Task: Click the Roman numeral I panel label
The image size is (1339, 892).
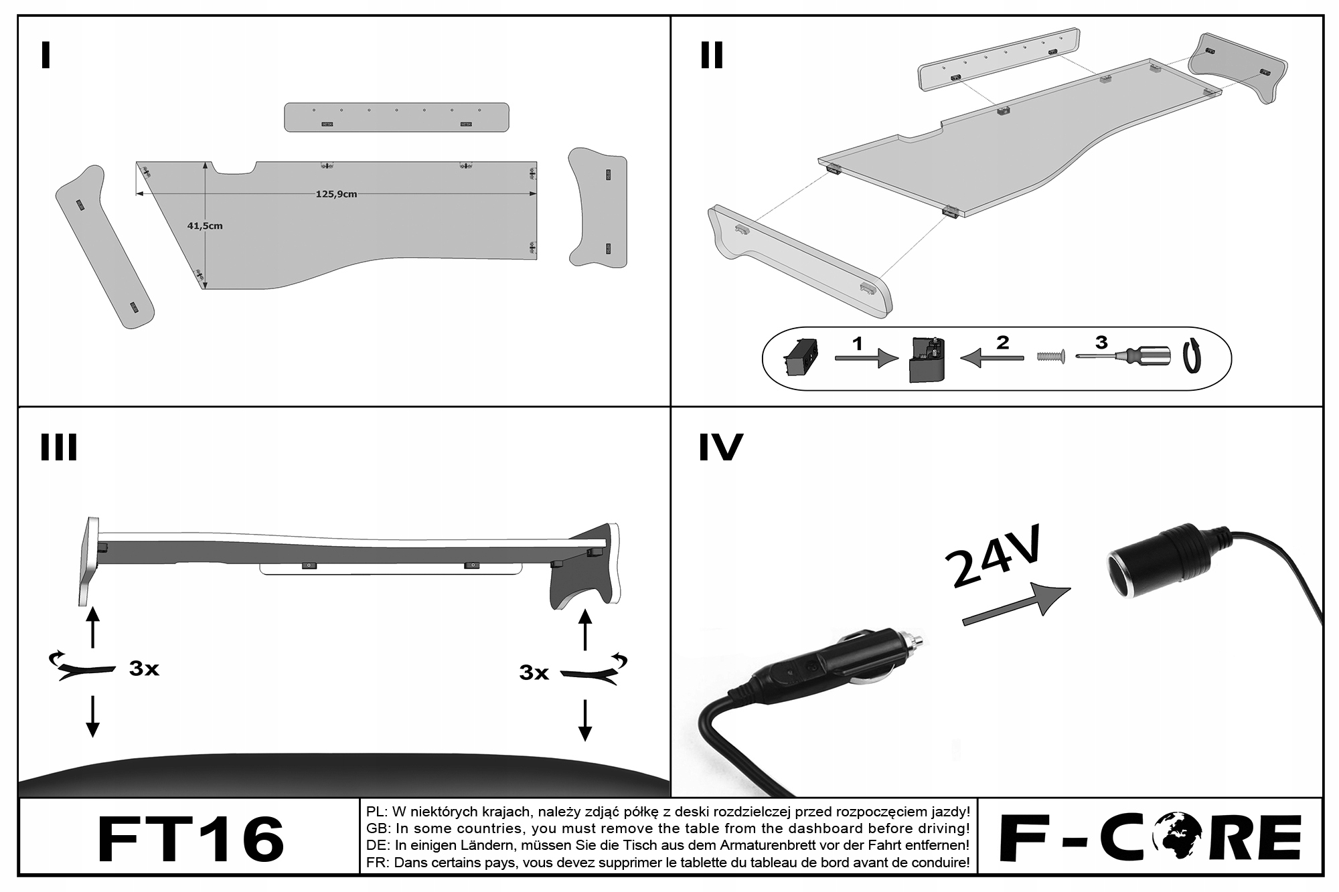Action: click(46, 56)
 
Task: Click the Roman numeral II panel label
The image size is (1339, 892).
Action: click(712, 56)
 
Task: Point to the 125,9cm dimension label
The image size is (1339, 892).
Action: click(336, 194)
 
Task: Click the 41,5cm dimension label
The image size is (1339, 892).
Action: click(205, 226)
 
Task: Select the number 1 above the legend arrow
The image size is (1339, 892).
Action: click(858, 344)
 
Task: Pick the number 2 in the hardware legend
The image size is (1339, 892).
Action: click(1002, 343)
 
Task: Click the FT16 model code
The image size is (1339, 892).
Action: click(191, 839)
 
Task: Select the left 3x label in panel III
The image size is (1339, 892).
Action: click(144, 668)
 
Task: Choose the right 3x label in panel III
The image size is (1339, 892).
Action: click(534, 672)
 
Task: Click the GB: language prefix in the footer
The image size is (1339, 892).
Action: click(378, 829)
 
